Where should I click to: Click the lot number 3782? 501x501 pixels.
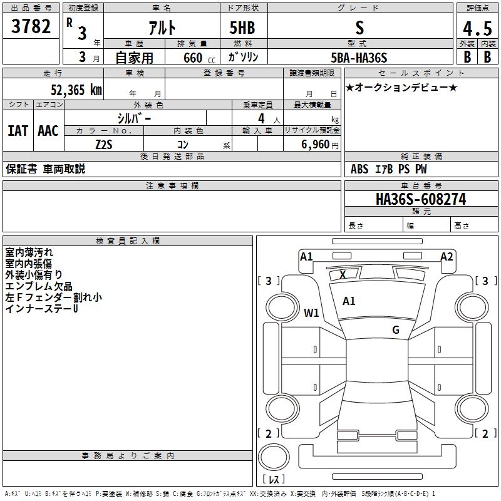pyautogui.click(x=31, y=28)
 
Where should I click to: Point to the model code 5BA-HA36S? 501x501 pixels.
pyautogui.click(x=359, y=58)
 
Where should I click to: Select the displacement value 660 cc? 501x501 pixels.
pyautogui.click(x=189, y=58)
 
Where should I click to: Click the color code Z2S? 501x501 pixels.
pyautogui.click(x=103, y=144)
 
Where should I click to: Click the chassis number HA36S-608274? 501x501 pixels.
pyautogui.click(x=420, y=199)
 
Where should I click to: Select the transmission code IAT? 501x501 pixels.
pyautogui.click(x=18, y=131)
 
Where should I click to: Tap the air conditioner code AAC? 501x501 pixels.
pyautogui.click(x=48, y=131)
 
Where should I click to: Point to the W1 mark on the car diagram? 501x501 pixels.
pyautogui.click(x=311, y=312)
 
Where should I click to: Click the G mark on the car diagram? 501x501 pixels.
pyautogui.click(x=396, y=330)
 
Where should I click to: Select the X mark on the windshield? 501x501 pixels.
pyautogui.click(x=343, y=274)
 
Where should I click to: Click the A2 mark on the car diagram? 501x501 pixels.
pyautogui.click(x=447, y=256)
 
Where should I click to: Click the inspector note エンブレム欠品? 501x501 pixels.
pyautogui.click(x=39, y=286)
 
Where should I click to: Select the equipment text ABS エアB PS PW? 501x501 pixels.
pyautogui.click(x=389, y=169)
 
